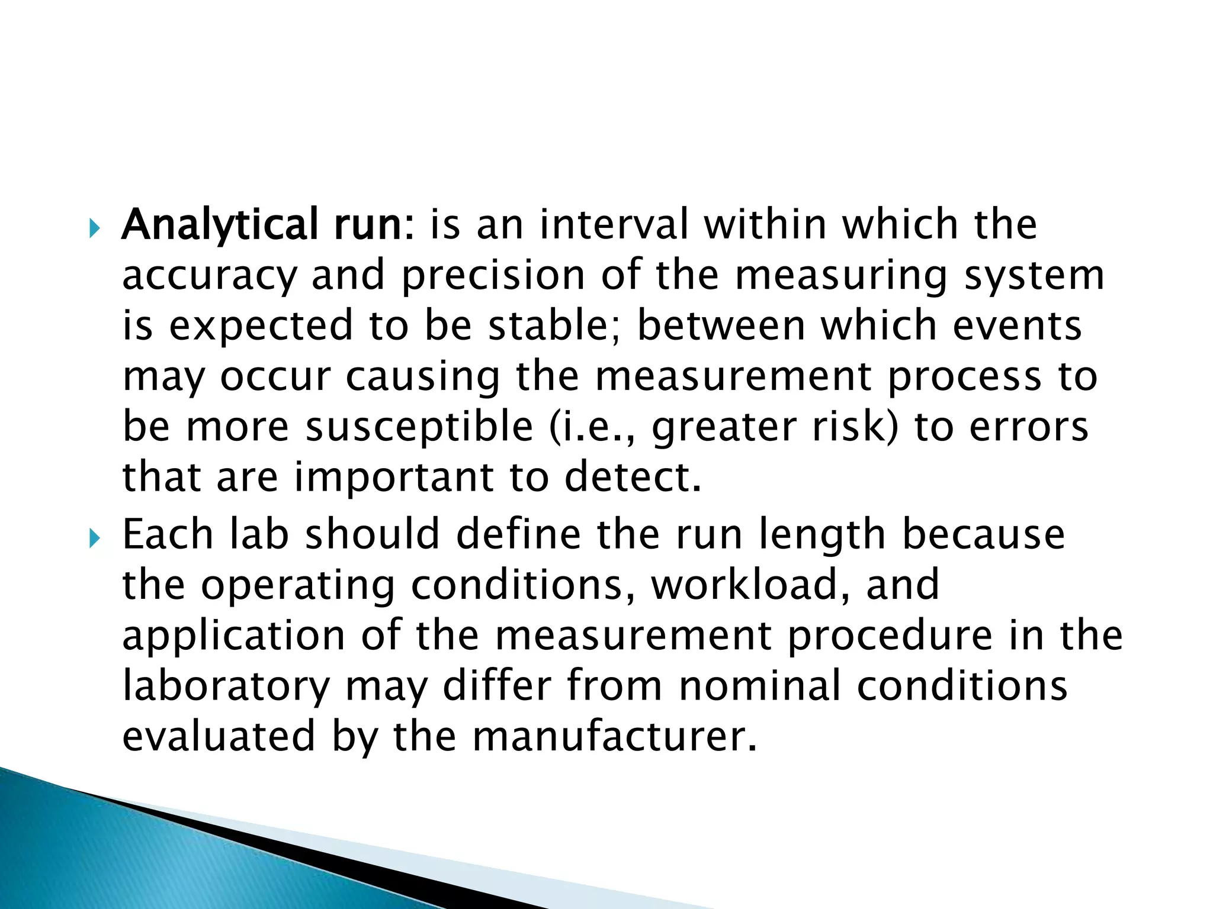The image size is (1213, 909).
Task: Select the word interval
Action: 614,225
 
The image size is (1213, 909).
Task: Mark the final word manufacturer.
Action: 614,737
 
